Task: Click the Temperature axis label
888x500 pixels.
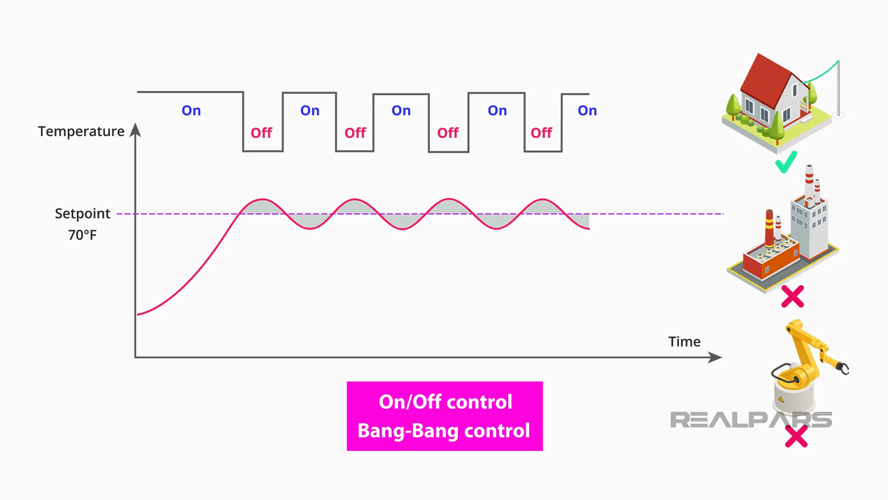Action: (81, 131)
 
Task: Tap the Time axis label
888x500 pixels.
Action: (684, 342)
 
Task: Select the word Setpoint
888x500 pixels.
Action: (82, 213)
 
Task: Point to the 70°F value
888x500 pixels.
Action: (82, 235)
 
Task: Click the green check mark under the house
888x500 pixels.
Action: (786, 162)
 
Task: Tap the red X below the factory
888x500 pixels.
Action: (792, 296)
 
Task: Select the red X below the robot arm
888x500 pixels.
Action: (796, 436)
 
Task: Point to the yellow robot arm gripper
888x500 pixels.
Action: (843, 369)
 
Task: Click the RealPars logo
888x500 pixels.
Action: (751, 420)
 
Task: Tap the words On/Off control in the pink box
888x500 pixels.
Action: (445, 402)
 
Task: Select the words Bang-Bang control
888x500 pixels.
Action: (444, 431)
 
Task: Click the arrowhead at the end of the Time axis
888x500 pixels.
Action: (715, 357)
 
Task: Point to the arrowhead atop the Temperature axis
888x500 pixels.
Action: (136, 130)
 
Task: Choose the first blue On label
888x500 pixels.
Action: (191, 111)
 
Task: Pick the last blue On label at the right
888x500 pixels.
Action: (587, 111)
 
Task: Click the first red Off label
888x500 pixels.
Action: (261, 133)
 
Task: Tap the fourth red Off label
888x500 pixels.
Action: (541, 133)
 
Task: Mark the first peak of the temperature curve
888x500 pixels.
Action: (262, 200)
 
